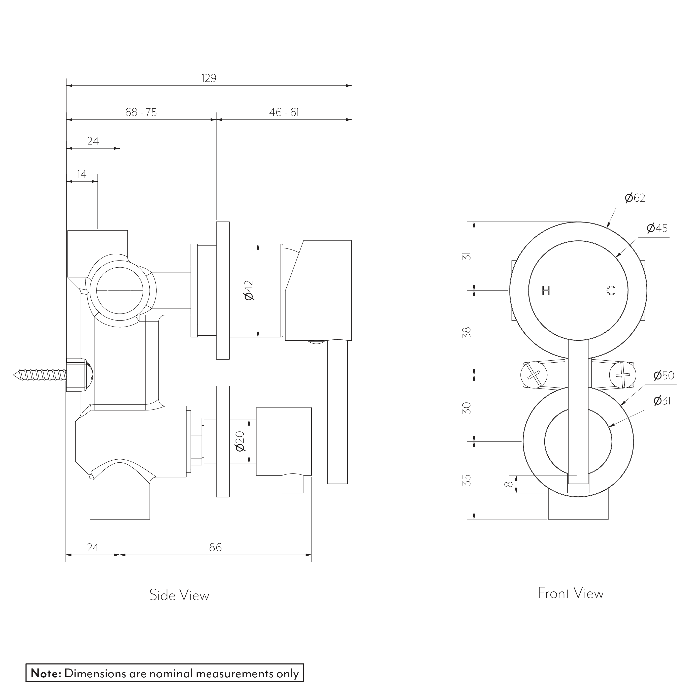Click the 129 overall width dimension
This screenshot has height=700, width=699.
pyautogui.click(x=209, y=78)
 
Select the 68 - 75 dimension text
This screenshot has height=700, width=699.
pyautogui.click(x=141, y=112)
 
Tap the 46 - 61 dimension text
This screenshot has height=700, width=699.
pyautogui.click(x=284, y=112)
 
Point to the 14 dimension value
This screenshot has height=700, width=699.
pyautogui.click(x=82, y=174)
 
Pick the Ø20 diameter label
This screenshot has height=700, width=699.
pyautogui.click(x=241, y=442)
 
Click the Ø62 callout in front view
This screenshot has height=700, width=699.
pyautogui.click(x=635, y=198)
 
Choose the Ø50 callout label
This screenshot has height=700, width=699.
pyautogui.click(x=664, y=375)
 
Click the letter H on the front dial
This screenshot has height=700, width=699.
pyautogui.click(x=546, y=291)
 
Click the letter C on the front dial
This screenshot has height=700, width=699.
pyautogui.click(x=611, y=291)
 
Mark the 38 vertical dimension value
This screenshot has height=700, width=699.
pyautogui.click(x=468, y=333)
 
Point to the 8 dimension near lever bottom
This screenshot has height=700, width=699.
pyautogui.click(x=510, y=484)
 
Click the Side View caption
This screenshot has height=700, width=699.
pyautogui.click(x=179, y=595)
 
